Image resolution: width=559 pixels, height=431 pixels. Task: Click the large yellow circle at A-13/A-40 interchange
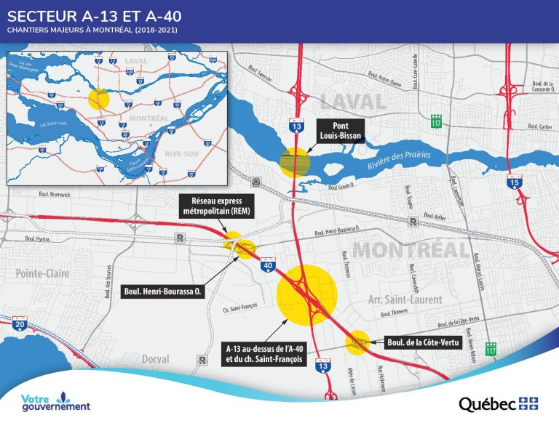pyautogui.click(x=308, y=295)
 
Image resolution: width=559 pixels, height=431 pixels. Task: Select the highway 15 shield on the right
pyautogui.click(x=515, y=185)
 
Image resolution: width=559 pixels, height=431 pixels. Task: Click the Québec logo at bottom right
pyautogui.click(x=498, y=403)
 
